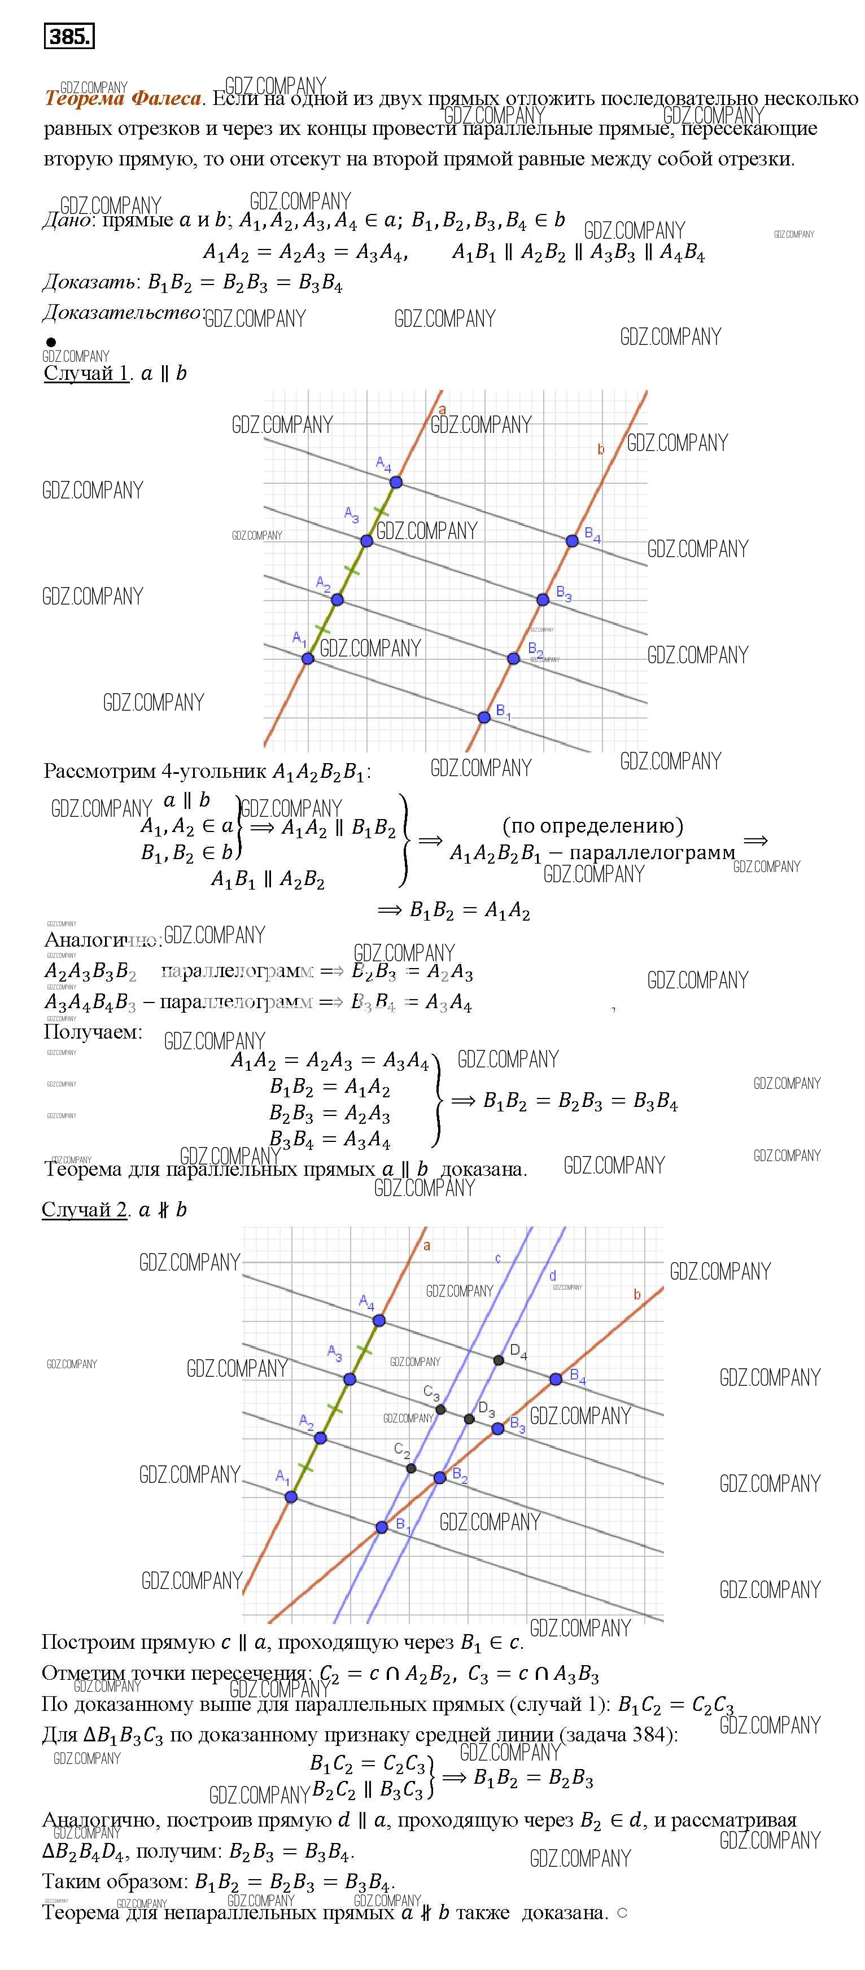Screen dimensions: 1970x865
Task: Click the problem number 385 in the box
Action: click(69, 36)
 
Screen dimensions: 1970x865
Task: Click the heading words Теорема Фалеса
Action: click(123, 99)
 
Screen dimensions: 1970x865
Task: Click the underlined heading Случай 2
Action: click(84, 1209)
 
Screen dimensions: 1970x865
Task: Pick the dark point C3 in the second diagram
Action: click(440, 1409)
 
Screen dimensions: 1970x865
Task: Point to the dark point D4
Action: click(499, 1360)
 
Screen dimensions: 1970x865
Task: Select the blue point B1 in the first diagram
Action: click(483, 717)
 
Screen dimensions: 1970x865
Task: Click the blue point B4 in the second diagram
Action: click(556, 1379)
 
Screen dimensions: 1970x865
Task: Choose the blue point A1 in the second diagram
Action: click(291, 1496)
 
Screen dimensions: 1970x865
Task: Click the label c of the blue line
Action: click(498, 1258)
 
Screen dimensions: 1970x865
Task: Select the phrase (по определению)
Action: click(593, 826)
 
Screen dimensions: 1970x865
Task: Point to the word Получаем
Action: click(93, 1032)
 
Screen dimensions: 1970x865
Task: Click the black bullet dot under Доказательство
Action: click(51, 342)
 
